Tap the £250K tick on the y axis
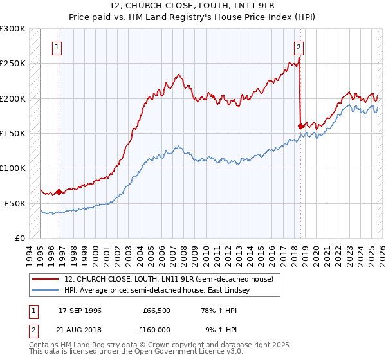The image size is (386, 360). tap(13, 64)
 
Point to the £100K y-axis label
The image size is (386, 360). tap(13, 168)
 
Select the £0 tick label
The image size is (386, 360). tap(19, 238)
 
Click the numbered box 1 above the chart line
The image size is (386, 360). tap(58, 47)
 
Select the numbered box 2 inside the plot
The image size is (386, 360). tap(300, 47)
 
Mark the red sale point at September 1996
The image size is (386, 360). tap(59, 192)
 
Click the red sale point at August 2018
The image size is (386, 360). tap(301, 126)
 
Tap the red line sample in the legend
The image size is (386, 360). tap(46, 279)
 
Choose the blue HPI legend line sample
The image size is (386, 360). tap(46, 290)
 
